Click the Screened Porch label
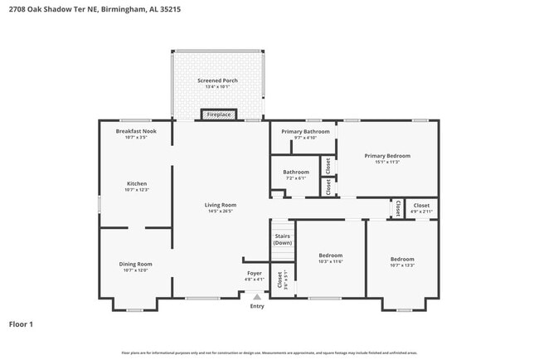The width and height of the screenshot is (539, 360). pos(217,83)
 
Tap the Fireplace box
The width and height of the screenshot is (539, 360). pos(219,114)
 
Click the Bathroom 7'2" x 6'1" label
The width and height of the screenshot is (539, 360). pos(296,174)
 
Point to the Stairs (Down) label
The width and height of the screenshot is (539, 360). pos(283,239)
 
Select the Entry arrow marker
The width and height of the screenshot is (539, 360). pos(257,296)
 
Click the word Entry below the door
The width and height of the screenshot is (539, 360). pos(257,306)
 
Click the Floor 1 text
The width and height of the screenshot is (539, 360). pos(22,324)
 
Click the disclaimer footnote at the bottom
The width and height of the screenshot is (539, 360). pos(269,353)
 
